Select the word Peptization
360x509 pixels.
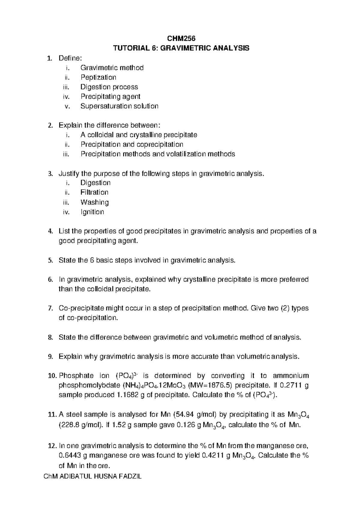pos(98,77)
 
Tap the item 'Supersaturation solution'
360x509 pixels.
pos(119,106)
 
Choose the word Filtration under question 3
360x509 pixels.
pos(94,192)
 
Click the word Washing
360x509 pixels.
pos(94,202)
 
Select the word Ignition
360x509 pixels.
pos(92,212)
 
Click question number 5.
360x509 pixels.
pos(50,260)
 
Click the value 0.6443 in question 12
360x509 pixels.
pos(70,456)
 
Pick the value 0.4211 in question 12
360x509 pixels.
pos(212,456)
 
